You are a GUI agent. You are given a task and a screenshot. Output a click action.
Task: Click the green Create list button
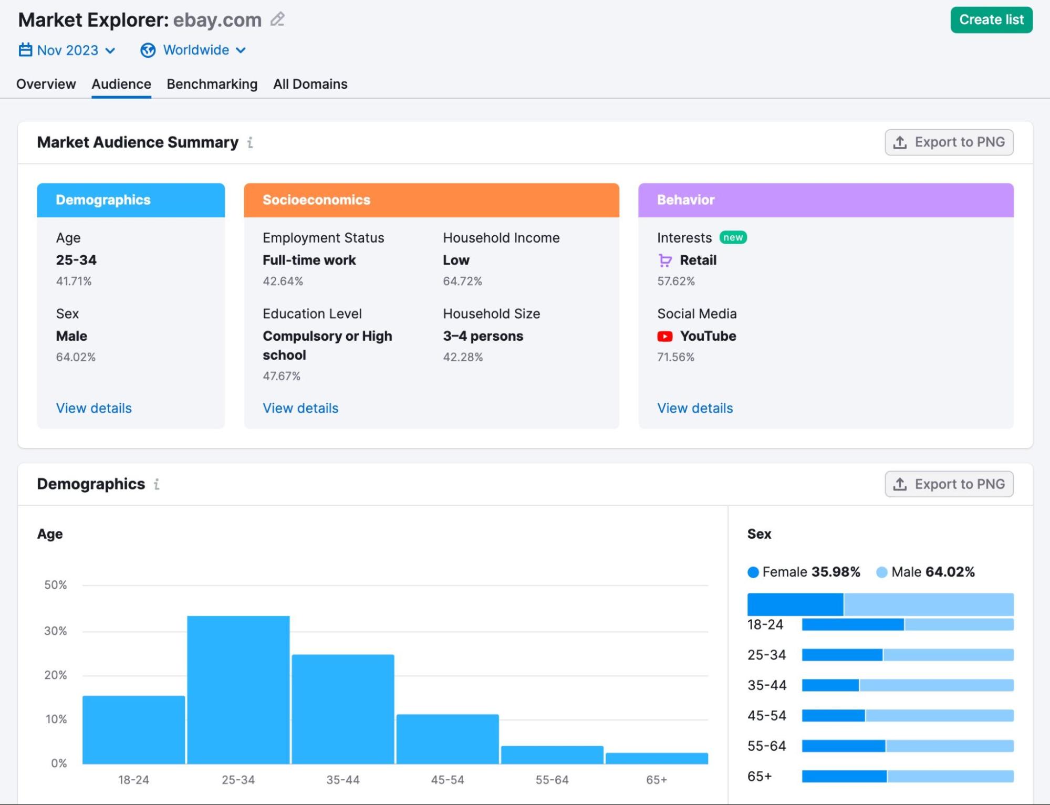point(991,20)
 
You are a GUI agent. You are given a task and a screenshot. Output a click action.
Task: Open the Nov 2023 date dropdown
point(67,50)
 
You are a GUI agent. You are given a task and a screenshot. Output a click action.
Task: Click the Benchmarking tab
point(212,84)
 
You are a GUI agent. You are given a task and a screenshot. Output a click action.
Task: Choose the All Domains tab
point(310,84)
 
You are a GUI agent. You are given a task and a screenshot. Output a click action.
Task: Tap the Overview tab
point(46,84)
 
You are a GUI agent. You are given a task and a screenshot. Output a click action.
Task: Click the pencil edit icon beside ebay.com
point(277,19)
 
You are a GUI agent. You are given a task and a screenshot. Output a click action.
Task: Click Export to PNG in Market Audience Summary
point(949,142)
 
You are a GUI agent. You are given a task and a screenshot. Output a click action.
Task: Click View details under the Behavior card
point(694,408)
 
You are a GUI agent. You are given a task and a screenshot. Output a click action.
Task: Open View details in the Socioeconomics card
point(300,408)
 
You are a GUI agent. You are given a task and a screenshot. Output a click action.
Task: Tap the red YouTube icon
point(664,336)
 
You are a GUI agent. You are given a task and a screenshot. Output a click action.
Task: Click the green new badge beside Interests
point(733,238)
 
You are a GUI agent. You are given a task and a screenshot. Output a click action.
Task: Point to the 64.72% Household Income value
point(462,281)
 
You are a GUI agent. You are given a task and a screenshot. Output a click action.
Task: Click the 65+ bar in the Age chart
point(656,758)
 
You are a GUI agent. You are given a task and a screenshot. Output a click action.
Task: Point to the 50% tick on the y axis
point(55,585)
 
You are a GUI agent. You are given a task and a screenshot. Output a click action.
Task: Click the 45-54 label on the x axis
point(447,780)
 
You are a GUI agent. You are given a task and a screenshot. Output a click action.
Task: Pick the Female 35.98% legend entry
point(803,572)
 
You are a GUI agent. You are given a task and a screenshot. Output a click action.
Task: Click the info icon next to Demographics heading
point(157,484)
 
